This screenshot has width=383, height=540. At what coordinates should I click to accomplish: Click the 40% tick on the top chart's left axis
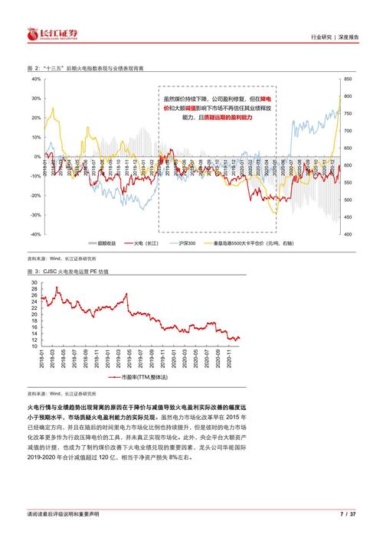35,79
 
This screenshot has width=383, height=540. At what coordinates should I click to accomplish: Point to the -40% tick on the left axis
34,235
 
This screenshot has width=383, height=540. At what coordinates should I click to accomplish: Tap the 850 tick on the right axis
348,79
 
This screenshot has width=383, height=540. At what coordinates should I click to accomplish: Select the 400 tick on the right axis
348,235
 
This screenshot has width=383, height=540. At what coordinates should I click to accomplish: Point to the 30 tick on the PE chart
34,282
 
